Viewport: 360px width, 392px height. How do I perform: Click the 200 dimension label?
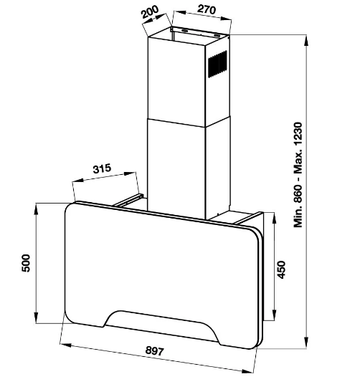pyautogui.click(x=150, y=11)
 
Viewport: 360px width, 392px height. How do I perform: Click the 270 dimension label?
pyautogui.click(x=207, y=9)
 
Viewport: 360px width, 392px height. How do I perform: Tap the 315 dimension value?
pyautogui.click(x=102, y=168)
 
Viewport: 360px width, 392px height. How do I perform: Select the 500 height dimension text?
pyautogui.click(x=26, y=263)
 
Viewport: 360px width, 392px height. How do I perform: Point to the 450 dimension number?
pyautogui.click(x=281, y=269)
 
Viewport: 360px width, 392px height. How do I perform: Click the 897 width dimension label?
pyautogui.click(x=154, y=351)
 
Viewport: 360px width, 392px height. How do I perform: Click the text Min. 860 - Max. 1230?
pyautogui.click(x=298, y=175)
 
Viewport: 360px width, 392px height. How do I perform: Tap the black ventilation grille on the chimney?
pyautogui.click(x=218, y=64)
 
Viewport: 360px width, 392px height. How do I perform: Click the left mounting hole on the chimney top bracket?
pyautogui.click(x=186, y=31)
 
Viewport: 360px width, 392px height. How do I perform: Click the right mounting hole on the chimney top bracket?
pyautogui.click(x=217, y=36)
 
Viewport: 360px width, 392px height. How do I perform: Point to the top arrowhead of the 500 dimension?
pyautogui.click(x=37, y=209)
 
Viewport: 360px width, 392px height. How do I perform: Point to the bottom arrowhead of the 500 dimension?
pyautogui.click(x=37, y=317)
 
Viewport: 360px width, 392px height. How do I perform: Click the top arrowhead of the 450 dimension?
pyautogui.click(x=274, y=218)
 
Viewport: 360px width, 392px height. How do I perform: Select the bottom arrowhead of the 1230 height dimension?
pyautogui.click(x=306, y=343)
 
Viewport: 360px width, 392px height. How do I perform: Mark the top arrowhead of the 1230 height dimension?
pyautogui.click(x=306, y=41)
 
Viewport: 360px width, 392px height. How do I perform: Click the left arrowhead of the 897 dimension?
pyautogui.click(x=66, y=345)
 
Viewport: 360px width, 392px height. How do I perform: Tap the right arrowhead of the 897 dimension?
pyautogui.click(x=247, y=371)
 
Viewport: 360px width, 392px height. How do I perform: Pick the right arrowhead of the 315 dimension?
pyautogui.click(x=130, y=173)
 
